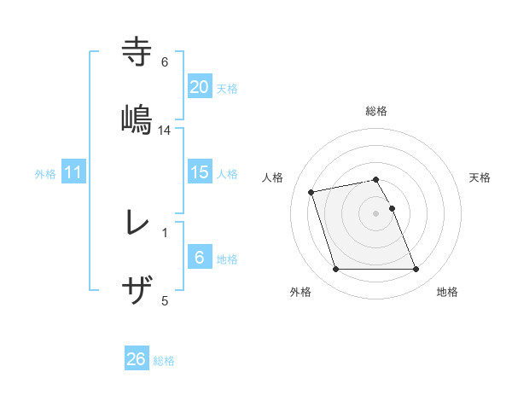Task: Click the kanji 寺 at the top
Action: pos(137,51)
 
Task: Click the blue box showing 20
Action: pos(199,86)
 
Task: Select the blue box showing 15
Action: pos(199,172)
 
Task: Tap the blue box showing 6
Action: pos(199,258)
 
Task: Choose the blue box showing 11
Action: pos(73,172)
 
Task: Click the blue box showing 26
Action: pos(136,359)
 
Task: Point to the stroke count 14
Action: pos(165,130)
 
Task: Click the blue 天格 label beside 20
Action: pos(227,88)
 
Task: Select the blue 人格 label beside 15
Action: pos(227,174)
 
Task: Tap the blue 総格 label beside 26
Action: pos(164,361)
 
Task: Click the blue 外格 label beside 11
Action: pos(45,174)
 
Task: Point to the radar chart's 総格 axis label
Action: pos(376,111)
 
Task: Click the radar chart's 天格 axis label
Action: pos(480,177)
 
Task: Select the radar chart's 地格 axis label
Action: pos(447,292)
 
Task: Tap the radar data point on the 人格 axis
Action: pos(311,191)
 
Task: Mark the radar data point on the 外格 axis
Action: pos(335,270)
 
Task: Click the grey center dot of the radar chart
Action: pos(376,212)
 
